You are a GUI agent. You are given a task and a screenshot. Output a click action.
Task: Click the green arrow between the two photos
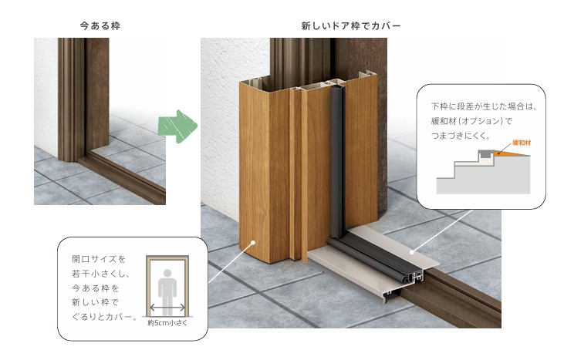tap(177, 126)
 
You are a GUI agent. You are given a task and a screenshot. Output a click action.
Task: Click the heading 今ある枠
tap(100, 26)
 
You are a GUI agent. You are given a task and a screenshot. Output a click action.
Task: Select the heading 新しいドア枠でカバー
tap(351, 26)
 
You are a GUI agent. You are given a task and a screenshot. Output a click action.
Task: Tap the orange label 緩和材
tap(522, 143)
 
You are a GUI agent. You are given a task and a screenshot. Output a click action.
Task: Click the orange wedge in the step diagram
tap(511, 153)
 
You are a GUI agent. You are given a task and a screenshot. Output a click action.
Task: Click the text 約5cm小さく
tap(167, 323)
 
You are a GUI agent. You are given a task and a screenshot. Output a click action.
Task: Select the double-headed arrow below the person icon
tap(167, 308)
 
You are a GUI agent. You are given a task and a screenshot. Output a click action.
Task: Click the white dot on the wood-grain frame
tap(253, 243)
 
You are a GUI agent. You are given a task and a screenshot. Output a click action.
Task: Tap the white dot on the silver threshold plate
tap(412, 252)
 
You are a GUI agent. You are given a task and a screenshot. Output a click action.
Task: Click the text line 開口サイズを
tap(99, 259)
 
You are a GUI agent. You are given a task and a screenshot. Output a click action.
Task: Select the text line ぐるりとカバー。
tap(104, 317)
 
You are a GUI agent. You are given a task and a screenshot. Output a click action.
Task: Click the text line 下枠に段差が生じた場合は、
tap(485, 106)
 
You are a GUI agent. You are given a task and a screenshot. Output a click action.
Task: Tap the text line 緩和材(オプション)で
tap(471, 121)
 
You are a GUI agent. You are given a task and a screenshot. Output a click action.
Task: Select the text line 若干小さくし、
tap(101, 274)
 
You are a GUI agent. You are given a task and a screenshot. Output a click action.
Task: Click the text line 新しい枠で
tap(95, 302)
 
